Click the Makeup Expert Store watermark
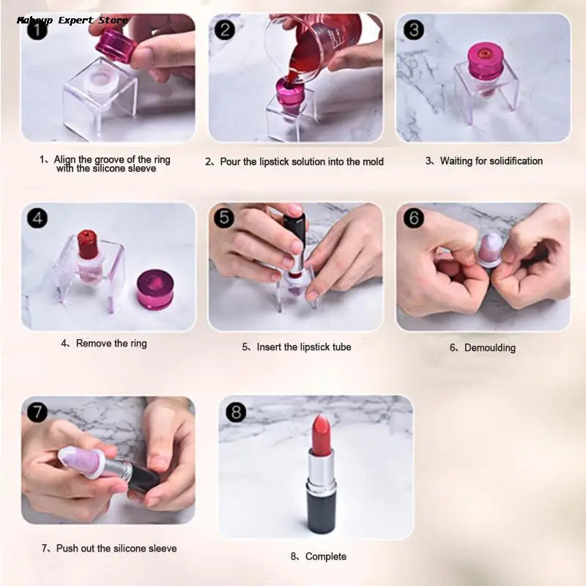[x=72, y=20]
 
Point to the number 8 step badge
[x=236, y=412]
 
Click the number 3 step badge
[x=414, y=30]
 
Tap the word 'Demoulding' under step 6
[x=489, y=348]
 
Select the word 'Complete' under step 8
[x=325, y=557]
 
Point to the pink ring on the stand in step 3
[x=484, y=62]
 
